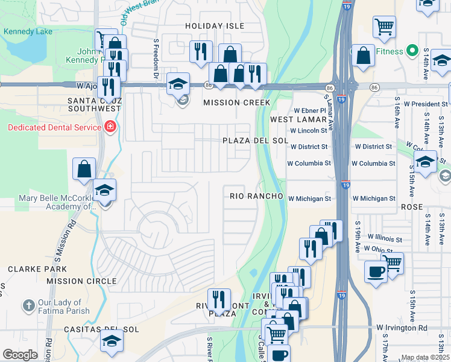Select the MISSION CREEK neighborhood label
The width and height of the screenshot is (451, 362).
pyautogui.click(x=236, y=103)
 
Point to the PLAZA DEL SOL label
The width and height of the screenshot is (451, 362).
pyautogui.click(x=247, y=141)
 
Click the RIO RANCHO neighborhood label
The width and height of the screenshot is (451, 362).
pyautogui.click(x=256, y=197)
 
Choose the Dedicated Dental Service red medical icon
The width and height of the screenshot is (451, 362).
pyautogui.click(x=110, y=127)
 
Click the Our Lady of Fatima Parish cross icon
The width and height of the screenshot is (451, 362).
pyautogui.click(x=28, y=306)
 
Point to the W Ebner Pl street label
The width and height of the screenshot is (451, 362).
pyautogui.click(x=310, y=111)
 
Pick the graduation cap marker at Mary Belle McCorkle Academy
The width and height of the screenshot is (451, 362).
pyautogui.click(x=105, y=191)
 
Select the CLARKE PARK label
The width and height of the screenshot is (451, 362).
pyautogui.click(x=28, y=268)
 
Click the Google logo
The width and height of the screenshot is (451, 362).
pyautogui.click(x=20, y=355)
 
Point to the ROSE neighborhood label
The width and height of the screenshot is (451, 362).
pyautogui.click(x=411, y=206)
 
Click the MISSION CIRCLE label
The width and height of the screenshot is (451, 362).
pyautogui.click(x=81, y=281)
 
